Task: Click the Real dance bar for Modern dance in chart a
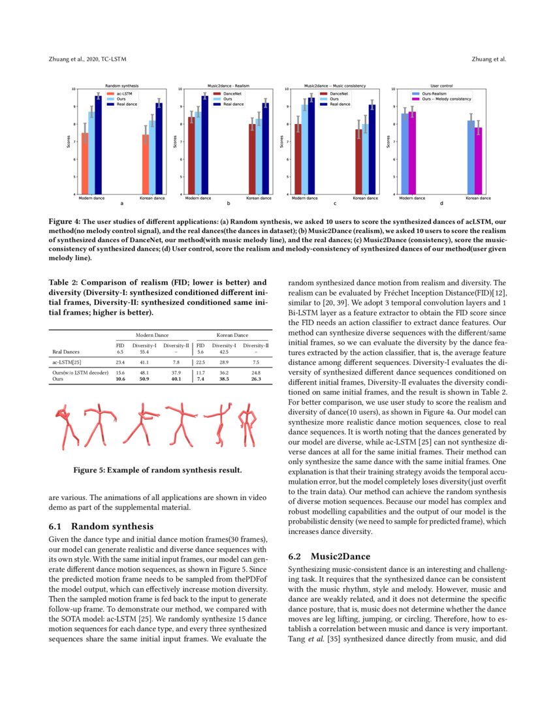(x=99, y=144)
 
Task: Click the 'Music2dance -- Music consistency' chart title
(x=335, y=86)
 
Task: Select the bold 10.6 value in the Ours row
(x=120, y=379)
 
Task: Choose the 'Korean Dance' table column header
(x=232, y=334)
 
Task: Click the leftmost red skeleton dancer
(x=67, y=426)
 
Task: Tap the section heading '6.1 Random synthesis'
(x=101, y=526)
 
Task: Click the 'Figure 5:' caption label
(x=89, y=470)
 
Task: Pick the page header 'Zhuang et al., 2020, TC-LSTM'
(x=87, y=59)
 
